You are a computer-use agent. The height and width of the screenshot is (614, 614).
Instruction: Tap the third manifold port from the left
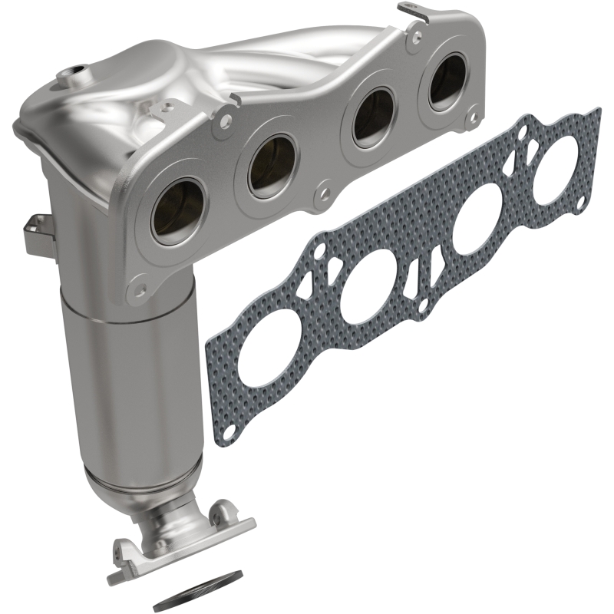click(373, 118)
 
